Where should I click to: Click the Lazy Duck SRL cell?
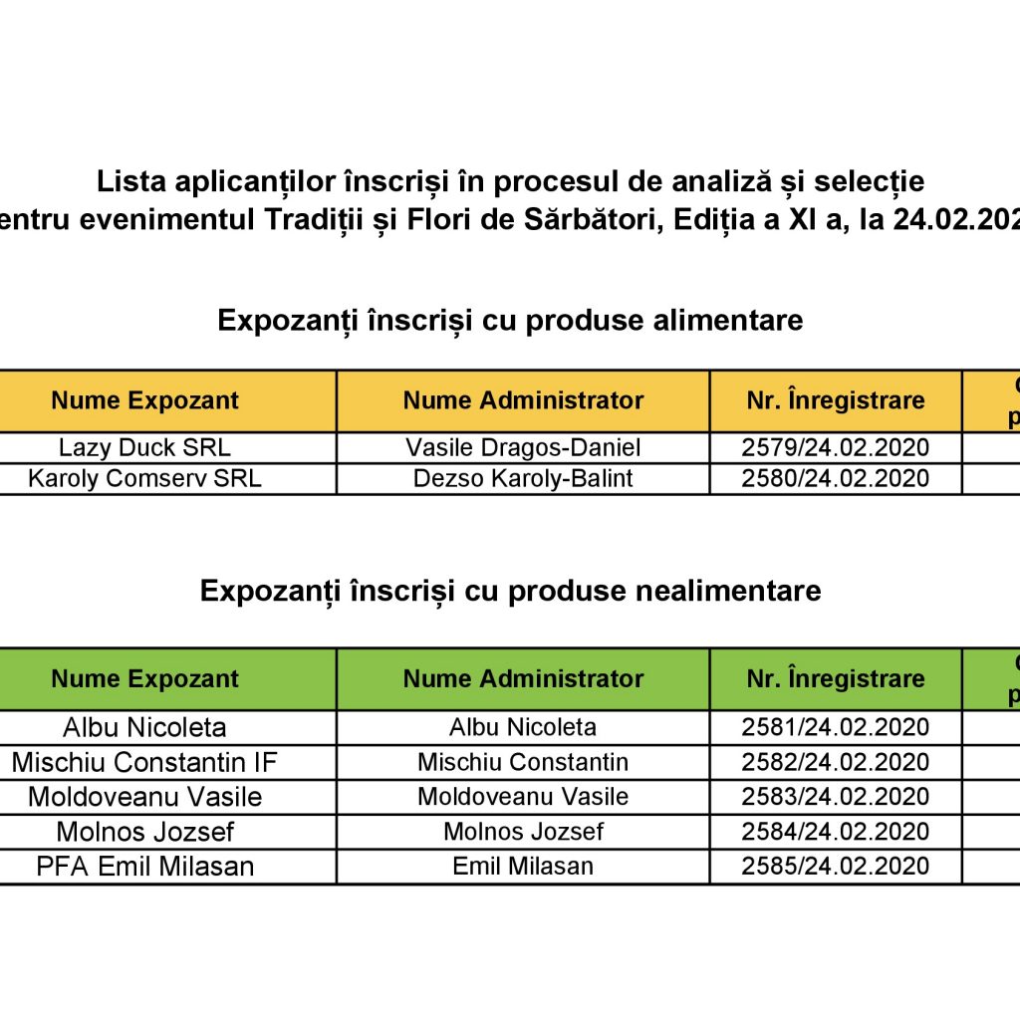pyautogui.click(x=144, y=448)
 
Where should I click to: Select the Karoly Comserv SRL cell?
pyautogui.click(x=144, y=478)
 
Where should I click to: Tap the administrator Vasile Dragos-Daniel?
pyautogui.click(x=523, y=448)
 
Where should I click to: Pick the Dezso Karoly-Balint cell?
pyautogui.click(x=523, y=478)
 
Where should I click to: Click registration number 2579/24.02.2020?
pyautogui.click(x=835, y=448)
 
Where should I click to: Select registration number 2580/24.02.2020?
pyautogui.click(x=835, y=478)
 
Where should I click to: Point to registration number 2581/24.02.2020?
pyautogui.click(x=835, y=727)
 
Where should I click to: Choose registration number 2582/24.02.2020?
pyautogui.click(x=835, y=762)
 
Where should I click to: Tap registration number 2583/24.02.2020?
pyautogui.click(x=835, y=797)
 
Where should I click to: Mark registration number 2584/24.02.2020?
pyautogui.click(x=835, y=831)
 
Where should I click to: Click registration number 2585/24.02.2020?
pyautogui.click(x=835, y=866)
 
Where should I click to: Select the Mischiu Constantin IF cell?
pyautogui.click(x=144, y=762)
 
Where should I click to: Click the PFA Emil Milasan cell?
pyautogui.click(x=144, y=866)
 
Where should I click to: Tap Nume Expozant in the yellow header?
pyautogui.click(x=144, y=400)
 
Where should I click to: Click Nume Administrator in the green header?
pyautogui.click(x=523, y=678)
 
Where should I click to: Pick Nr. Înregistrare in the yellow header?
pyautogui.click(x=835, y=400)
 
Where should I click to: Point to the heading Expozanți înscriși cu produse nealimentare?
pyautogui.click(x=510, y=591)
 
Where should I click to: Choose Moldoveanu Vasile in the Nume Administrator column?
pyautogui.click(x=523, y=797)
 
